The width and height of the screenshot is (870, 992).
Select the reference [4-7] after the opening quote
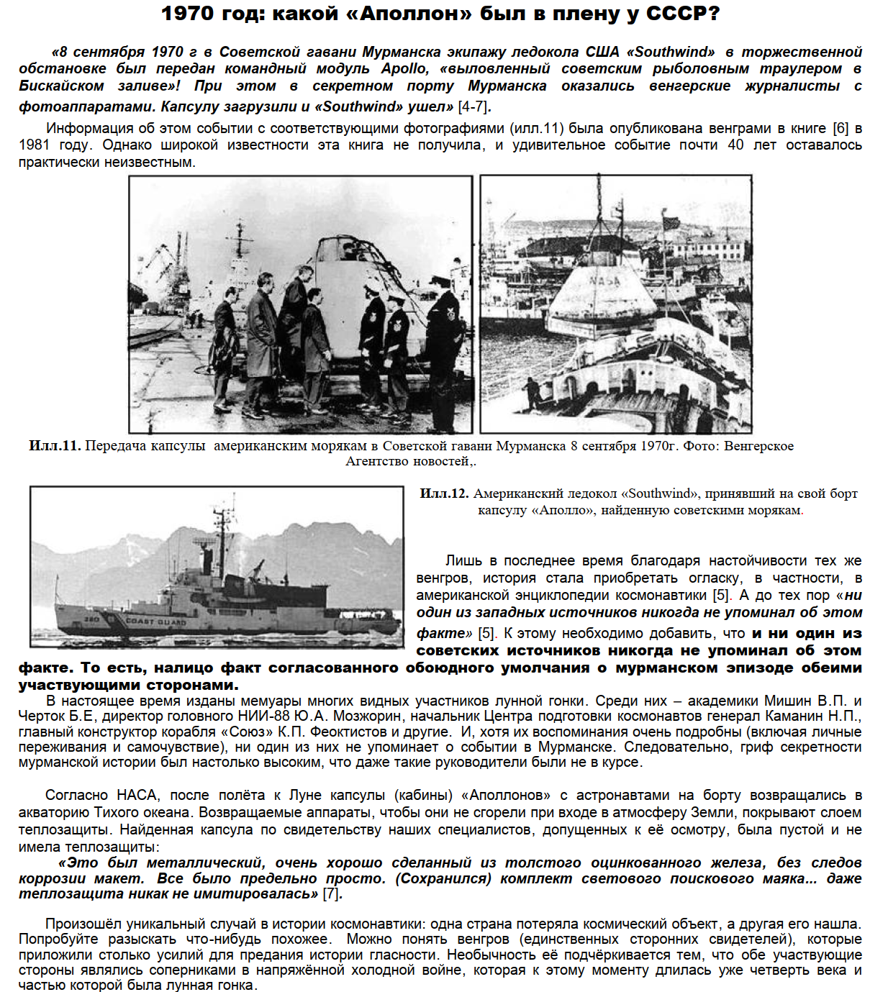point(473,107)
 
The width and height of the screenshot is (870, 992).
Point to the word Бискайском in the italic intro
point(61,86)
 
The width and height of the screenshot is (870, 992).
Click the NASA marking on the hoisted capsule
point(604,281)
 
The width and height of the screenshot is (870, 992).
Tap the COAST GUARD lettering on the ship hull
point(156,621)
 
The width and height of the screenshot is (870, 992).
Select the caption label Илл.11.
point(55,446)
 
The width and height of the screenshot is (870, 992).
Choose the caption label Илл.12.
point(444,493)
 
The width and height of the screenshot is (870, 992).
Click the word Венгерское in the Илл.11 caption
point(758,446)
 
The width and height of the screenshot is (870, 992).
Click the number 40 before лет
point(735,145)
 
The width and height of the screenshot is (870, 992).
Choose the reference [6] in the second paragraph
point(840,129)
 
